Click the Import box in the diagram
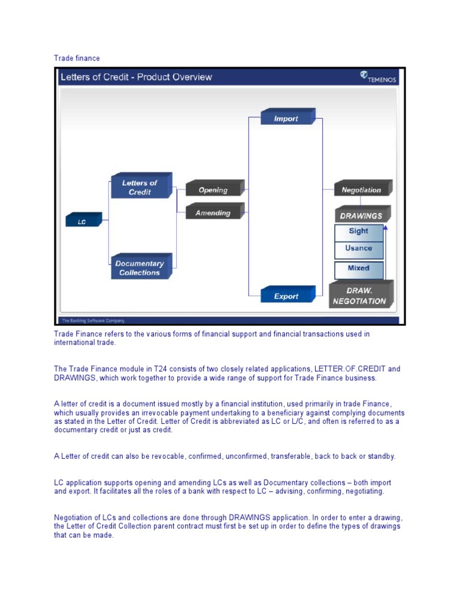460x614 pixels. tap(287, 118)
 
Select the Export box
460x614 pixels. tap(287, 296)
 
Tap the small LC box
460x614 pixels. tap(83, 221)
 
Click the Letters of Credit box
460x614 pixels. tap(140, 187)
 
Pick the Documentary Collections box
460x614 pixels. tap(140, 267)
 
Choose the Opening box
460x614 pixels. tap(213, 189)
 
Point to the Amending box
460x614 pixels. tap(213, 213)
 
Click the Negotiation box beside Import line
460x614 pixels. tap(361, 189)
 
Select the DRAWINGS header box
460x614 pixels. tap(361, 215)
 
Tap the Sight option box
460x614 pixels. tap(359, 231)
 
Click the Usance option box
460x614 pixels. tap(359, 248)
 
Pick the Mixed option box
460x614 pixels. tap(359, 268)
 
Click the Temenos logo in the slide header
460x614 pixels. tap(377, 77)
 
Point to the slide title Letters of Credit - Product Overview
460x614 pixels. tap(136, 77)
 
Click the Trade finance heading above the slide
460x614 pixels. tap(77, 58)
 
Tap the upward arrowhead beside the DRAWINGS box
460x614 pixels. tap(386, 228)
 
